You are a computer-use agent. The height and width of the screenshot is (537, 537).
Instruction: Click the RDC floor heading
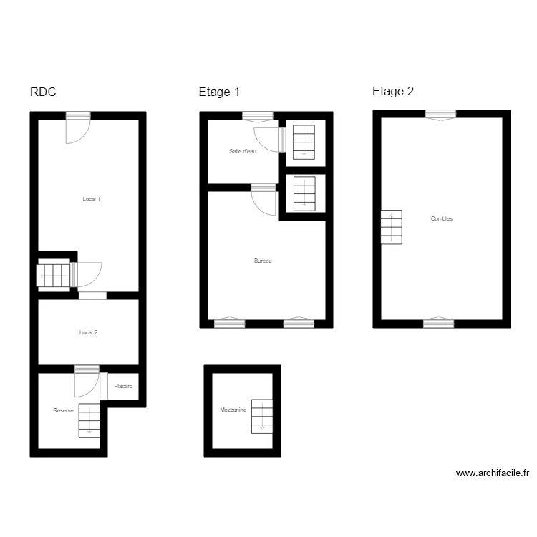tap(43, 92)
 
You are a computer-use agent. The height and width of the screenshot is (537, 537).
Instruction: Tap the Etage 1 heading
tap(219, 92)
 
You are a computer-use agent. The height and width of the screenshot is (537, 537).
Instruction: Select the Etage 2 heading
tap(393, 92)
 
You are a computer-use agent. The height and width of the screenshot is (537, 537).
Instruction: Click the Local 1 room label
tap(92, 199)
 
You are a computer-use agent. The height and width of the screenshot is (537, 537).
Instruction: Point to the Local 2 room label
tap(88, 332)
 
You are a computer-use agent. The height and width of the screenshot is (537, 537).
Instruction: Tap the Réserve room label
tap(63, 411)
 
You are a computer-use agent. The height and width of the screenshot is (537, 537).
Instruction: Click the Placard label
tap(123, 387)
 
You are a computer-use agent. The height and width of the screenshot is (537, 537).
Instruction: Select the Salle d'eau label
tap(243, 151)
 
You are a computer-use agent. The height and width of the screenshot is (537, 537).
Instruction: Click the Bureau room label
tap(263, 261)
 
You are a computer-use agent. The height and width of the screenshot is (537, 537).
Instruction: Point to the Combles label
tap(442, 219)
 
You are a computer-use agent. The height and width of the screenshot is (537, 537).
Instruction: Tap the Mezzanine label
tap(233, 410)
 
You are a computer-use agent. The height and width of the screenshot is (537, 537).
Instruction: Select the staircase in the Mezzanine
tap(262, 415)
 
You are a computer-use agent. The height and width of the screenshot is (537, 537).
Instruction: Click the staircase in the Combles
tap(391, 227)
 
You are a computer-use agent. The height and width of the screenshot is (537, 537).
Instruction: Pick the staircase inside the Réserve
tap(89, 420)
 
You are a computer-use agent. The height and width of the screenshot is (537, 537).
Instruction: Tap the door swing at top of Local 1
tap(77, 129)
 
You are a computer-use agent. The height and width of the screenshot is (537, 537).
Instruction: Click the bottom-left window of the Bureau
tap(229, 323)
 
